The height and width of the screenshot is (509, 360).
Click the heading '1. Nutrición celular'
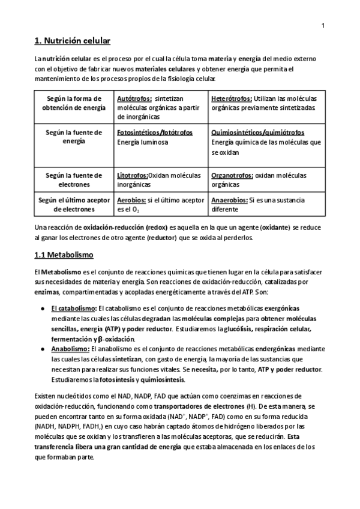coord(72,41)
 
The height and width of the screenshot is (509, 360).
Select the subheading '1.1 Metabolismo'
coord(64,255)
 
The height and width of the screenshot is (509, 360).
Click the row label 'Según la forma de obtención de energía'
coord(73,103)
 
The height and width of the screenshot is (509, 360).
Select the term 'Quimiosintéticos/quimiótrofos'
coord(257,133)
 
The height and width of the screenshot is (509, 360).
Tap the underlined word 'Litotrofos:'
coord(133,175)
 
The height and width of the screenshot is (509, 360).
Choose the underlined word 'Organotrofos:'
coord(232,175)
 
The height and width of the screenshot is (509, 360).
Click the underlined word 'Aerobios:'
coord(131,200)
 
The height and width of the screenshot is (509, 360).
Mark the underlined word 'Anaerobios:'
coord(229,200)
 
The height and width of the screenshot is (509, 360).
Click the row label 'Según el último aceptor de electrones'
coord(73,205)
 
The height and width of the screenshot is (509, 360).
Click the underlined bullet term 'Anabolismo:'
coord(71,348)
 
